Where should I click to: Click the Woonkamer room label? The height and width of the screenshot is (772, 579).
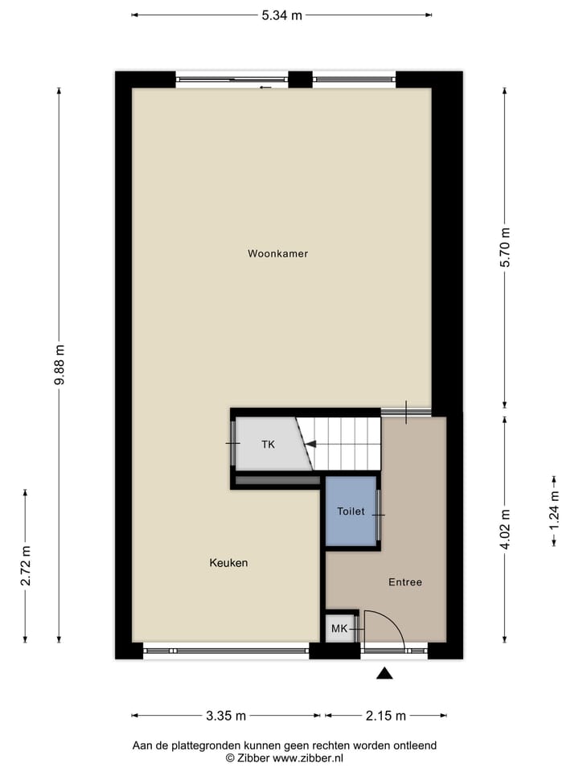[277, 253]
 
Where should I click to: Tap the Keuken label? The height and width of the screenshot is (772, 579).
[228, 563]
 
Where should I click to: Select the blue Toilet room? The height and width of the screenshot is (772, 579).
[351, 511]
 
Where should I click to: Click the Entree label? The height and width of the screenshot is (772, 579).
[404, 582]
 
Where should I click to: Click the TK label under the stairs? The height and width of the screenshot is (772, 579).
[268, 444]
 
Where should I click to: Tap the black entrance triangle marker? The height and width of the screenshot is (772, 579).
[385, 674]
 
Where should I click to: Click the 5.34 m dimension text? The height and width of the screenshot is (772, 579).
[281, 15]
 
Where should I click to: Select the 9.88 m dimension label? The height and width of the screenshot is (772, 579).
[60, 365]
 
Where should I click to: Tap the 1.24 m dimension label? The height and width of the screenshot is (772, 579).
[554, 511]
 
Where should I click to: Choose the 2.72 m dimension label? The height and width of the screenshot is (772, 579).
[26, 566]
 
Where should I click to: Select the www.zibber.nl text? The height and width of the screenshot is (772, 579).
[309, 758]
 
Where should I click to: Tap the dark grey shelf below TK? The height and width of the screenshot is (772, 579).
[278, 481]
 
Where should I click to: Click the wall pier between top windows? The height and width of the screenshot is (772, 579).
[300, 79]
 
